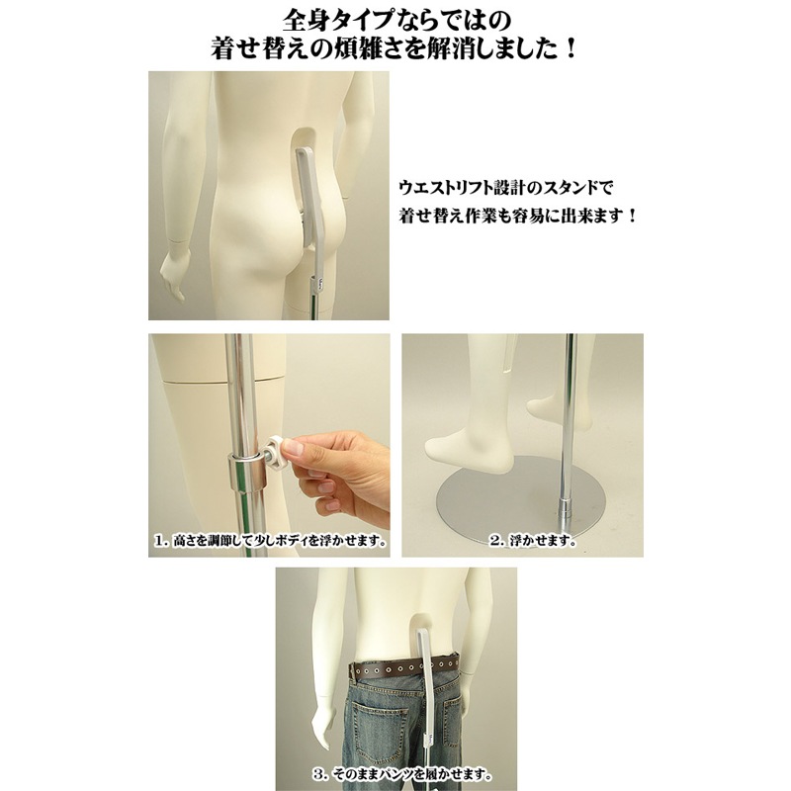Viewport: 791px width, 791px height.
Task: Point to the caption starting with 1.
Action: [x=269, y=542]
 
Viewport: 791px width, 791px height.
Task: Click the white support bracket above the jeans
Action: [x=425, y=672]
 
